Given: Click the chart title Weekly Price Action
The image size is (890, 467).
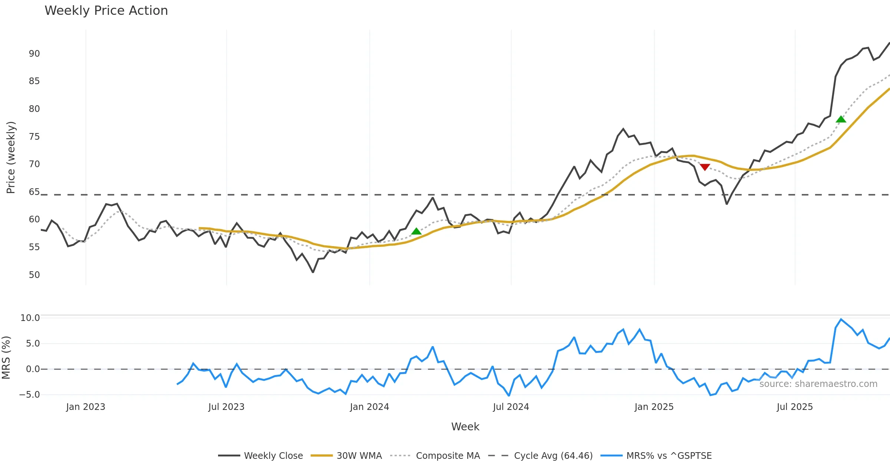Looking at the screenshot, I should (106, 11).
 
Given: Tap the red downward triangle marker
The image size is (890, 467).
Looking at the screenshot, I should (705, 167).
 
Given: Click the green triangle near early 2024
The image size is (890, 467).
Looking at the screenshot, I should (416, 231).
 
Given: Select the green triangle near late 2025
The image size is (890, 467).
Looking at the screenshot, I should (841, 119).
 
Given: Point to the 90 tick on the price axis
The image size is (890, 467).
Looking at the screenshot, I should (34, 54).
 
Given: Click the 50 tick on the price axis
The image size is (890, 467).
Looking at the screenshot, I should (34, 275).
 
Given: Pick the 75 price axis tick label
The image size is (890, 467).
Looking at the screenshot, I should (34, 137).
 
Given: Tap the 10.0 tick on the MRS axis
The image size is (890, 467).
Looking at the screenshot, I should (30, 318).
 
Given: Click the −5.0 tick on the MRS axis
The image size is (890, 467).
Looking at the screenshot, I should (29, 395).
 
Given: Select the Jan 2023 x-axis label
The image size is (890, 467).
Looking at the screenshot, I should (86, 407).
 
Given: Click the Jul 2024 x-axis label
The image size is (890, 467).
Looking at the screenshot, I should (511, 407).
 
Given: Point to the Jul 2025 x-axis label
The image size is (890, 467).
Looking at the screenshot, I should (795, 407).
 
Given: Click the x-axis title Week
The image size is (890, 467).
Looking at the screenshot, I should (465, 427).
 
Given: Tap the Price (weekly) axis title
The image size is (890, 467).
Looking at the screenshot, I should (11, 158).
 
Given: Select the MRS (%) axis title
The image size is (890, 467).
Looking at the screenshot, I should (6, 358).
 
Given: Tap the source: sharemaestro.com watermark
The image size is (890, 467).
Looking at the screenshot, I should (818, 384).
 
